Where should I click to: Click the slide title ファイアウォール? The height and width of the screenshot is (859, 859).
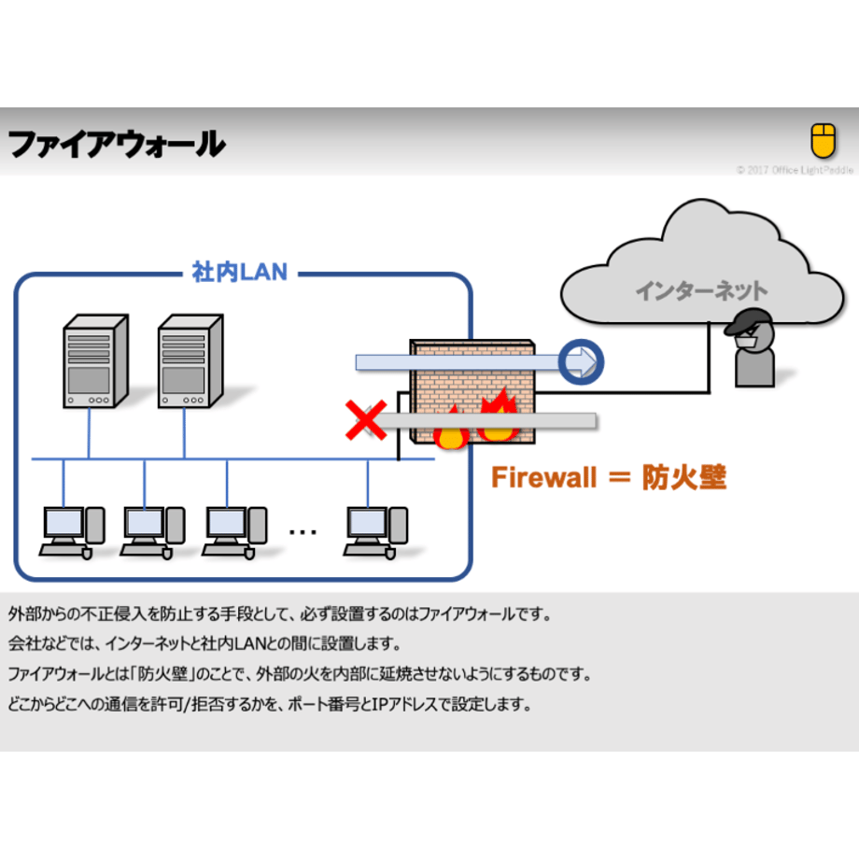(x=117, y=144)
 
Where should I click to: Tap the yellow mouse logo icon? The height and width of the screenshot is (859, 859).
(x=823, y=140)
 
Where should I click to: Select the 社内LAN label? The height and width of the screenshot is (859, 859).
(x=239, y=272)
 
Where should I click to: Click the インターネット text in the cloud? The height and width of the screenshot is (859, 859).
(x=701, y=290)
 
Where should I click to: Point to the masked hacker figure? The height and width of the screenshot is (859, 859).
(x=753, y=348)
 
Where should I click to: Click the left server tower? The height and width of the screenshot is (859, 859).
(x=96, y=361)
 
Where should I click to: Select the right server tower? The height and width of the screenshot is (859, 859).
(x=190, y=361)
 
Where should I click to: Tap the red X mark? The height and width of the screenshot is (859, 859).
(x=366, y=419)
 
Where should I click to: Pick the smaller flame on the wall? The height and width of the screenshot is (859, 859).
(x=451, y=429)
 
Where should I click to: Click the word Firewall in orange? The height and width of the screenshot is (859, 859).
(x=543, y=477)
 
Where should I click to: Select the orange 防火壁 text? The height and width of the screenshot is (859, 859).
(x=684, y=477)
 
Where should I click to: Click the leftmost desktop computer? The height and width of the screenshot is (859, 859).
(x=72, y=532)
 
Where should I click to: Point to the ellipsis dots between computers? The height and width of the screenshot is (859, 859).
(x=303, y=531)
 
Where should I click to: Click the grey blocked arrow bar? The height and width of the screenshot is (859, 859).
(x=485, y=421)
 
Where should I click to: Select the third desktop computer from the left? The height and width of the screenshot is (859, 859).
(x=234, y=532)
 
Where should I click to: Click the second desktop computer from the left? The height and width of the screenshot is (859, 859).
(x=153, y=532)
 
